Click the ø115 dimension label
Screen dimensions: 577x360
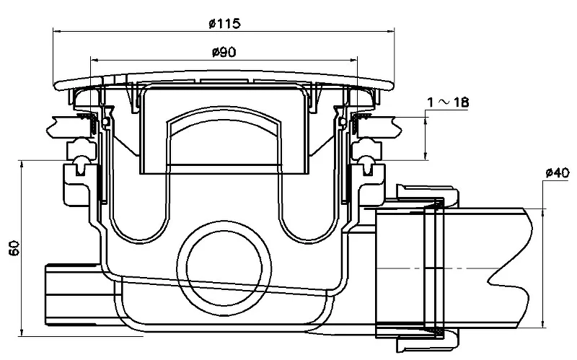[224, 24]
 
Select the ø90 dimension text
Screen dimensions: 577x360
[224, 52]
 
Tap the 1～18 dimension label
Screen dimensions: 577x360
[448, 102]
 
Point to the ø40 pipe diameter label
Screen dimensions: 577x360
[557, 172]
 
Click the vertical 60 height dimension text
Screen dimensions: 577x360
[14, 248]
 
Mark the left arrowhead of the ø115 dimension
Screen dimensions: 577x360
[56, 31]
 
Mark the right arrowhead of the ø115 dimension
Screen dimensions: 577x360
[390, 31]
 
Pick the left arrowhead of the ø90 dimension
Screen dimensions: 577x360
[94, 59]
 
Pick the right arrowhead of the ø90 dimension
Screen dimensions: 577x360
[353, 59]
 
